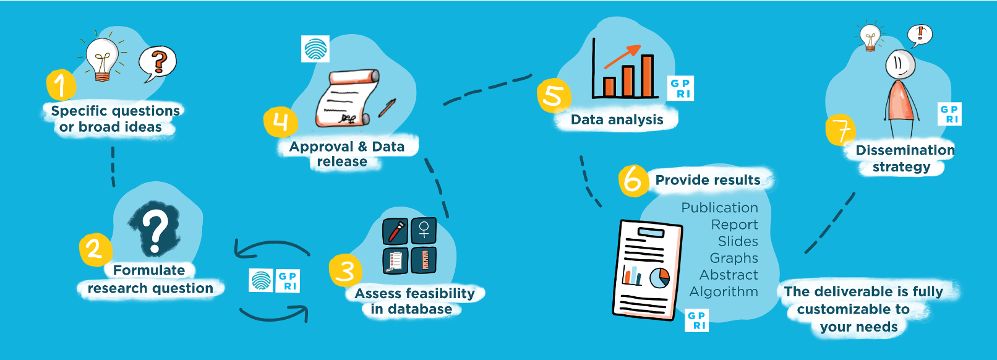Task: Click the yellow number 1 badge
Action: point(60,85)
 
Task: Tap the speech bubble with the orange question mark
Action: point(158,62)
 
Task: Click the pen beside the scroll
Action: point(387,108)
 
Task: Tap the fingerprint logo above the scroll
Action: point(315,49)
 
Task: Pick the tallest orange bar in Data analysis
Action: point(647,76)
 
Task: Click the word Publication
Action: point(719,208)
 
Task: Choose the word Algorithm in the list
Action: point(724,291)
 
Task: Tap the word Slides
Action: point(738,241)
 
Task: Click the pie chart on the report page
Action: point(660,278)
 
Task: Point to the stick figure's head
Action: point(900,64)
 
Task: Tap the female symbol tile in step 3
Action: point(424,231)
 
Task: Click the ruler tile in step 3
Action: point(424,260)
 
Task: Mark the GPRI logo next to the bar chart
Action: point(681,88)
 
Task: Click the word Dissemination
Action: point(905,150)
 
